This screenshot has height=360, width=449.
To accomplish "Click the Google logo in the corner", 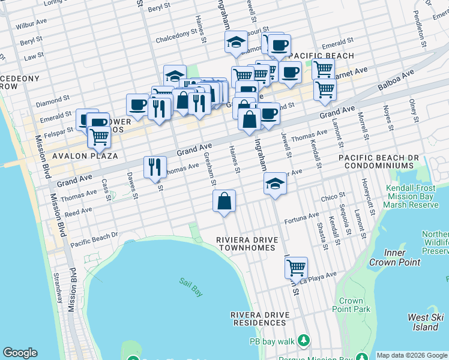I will click(x=20, y=353).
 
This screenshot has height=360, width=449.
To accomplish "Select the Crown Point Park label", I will click(x=351, y=305).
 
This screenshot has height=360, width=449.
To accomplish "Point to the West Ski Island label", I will click(x=426, y=322).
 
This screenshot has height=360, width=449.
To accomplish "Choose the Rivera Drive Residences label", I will click(x=260, y=319).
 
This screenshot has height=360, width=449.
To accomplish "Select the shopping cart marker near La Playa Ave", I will click(x=296, y=268).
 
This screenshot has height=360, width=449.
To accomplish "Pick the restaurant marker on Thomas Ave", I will click(x=155, y=167).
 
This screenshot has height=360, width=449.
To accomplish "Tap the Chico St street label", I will click(x=333, y=196).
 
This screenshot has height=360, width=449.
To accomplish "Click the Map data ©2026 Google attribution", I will click(x=412, y=355).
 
